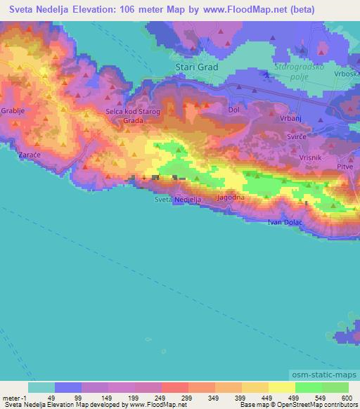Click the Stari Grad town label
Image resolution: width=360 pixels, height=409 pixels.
(x=195, y=67)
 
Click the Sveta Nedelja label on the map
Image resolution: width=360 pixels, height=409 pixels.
(x=178, y=200)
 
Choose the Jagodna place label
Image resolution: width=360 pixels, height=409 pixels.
(x=231, y=200)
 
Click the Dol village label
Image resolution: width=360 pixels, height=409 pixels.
(x=235, y=110)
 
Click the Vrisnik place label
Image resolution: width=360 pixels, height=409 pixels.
(x=310, y=157)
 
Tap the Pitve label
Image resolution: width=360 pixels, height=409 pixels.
(x=345, y=168)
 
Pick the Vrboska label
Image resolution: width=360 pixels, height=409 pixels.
(x=348, y=74)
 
